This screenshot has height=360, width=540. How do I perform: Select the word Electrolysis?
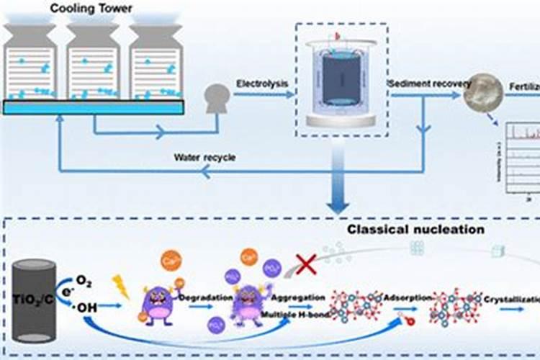(262, 84)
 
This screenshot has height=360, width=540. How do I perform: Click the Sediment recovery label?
(431, 84)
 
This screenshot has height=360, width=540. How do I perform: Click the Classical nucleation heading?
(416, 230)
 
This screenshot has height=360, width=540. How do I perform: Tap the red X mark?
(307, 264)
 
